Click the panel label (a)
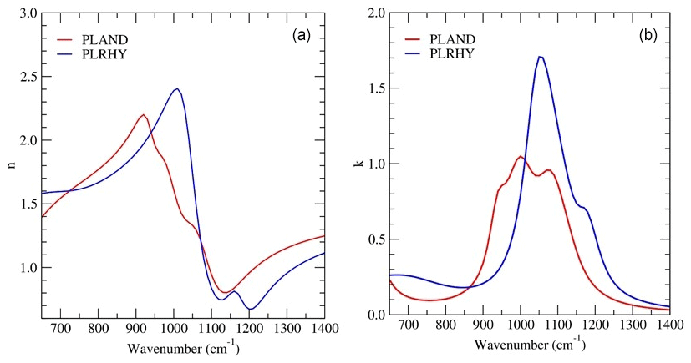(302, 36)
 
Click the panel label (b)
(648, 36)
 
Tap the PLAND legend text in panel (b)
(454, 38)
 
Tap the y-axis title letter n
(10, 164)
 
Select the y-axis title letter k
(358, 164)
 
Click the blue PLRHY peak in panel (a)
(176, 88)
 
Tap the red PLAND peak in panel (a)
(144, 114)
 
